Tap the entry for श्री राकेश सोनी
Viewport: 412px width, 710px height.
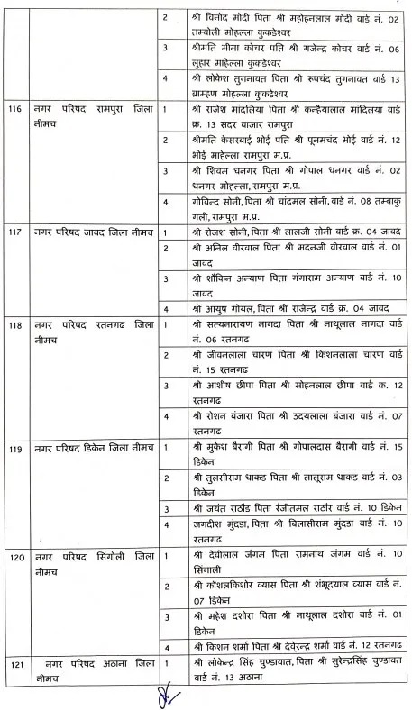tap(286, 232)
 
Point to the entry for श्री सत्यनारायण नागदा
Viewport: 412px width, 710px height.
tap(286, 328)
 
